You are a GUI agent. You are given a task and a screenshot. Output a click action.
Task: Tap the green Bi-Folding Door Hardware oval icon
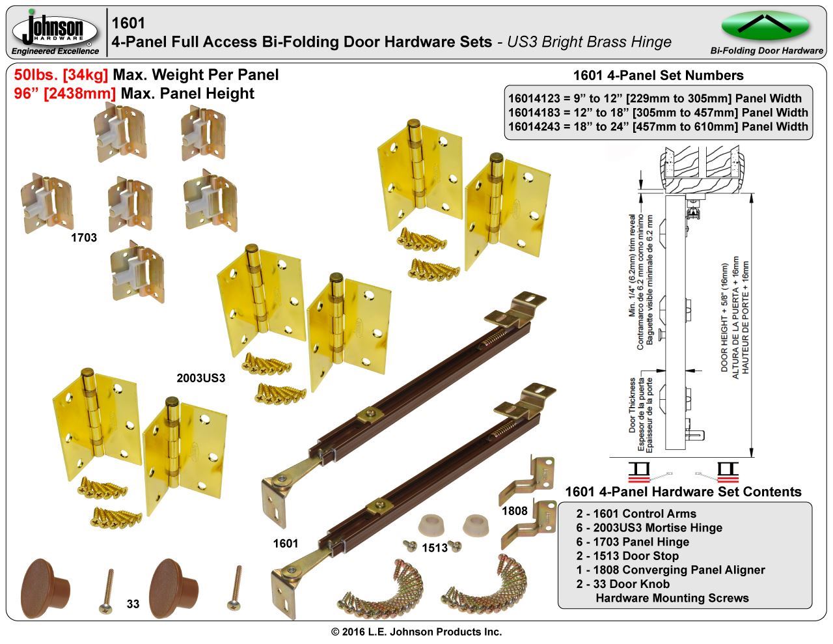(x=765, y=25)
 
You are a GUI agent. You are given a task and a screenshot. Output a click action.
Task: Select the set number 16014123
(x=534, y=98)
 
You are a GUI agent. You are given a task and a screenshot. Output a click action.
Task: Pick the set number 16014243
(x=534, y=126)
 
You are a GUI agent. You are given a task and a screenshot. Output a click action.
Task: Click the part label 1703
(x=84, y=238)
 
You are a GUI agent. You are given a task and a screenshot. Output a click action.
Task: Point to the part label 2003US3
(x=201, y=378)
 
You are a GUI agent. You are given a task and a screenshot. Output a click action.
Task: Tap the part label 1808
(x=515, y=511)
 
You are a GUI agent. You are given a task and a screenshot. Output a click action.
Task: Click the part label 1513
(x=435, y=548)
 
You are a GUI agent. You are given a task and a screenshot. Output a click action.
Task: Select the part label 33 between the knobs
(x=133, y=604)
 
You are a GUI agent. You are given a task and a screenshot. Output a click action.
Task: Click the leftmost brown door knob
(x=45, y=588)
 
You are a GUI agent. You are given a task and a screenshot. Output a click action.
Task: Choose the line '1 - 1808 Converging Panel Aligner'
(x=670, y=570)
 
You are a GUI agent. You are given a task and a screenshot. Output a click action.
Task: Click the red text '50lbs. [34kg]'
(x=61, y=75)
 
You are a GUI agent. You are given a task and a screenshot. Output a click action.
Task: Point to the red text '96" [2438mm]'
(x=64, y=94)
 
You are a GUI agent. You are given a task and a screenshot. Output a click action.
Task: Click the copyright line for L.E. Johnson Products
(x=416, y=632)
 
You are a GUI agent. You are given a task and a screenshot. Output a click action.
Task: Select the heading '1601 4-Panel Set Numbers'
(x=658, y=75)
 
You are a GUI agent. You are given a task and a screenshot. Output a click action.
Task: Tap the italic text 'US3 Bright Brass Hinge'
(x=589, y=42)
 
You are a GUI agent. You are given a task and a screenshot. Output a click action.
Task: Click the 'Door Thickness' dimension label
(x=632, y=406)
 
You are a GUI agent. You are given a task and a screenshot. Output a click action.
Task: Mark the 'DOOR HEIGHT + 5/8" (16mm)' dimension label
(x=724, y=318)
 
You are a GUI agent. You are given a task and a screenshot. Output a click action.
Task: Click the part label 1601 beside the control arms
(x=286, y=544)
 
